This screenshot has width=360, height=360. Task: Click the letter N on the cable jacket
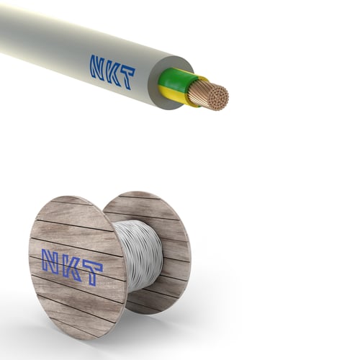(x=98, y=67)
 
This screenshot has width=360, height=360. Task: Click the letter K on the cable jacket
(x=114, y=73)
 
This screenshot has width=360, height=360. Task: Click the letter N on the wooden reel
(x=51, y=262)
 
